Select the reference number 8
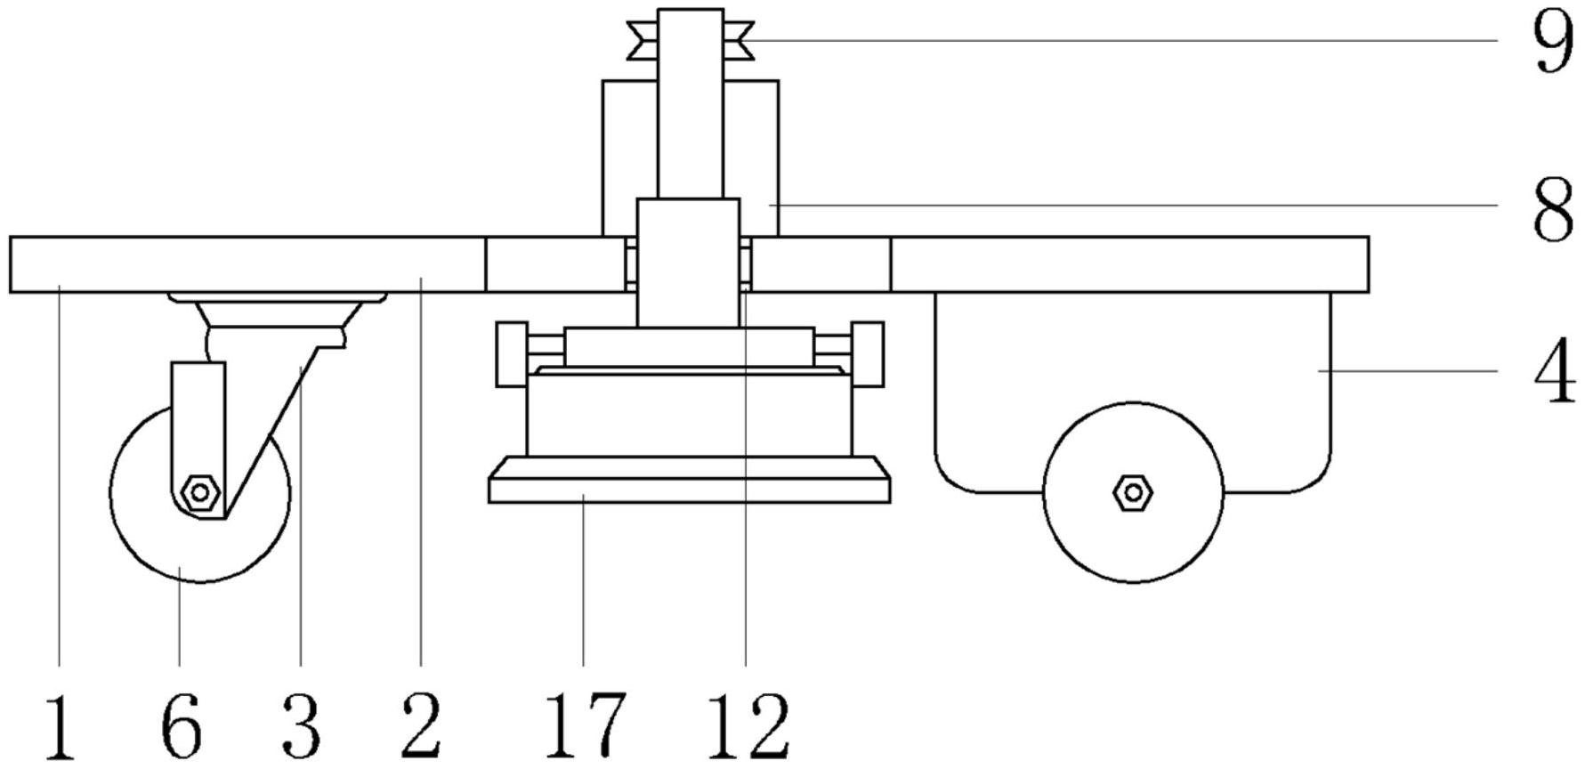[1554, 207]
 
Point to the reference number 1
[60, 727]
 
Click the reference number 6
[181, 727]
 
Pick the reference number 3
[301, 727]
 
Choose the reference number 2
[421, 727]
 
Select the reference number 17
[585, 727]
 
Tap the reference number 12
[748, 727]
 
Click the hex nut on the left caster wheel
[199, 492]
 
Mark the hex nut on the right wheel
[1133, 491]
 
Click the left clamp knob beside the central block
[512, 354]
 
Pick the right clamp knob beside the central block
[868, 354]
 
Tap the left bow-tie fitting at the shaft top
[643, 41]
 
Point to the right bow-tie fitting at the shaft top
[739, 41]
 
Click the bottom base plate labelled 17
[690, 480]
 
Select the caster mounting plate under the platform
[279, 297]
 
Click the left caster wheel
[200, 494]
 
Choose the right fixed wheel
[1133, 492]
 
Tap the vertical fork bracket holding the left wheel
[198, 436]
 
